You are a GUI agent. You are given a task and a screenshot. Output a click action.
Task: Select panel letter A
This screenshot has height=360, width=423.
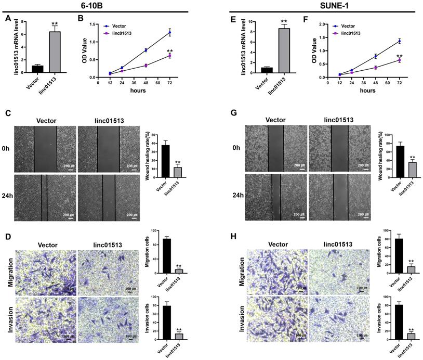(8, 19)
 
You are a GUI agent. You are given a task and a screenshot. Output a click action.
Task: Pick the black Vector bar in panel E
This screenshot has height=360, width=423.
(267, 70)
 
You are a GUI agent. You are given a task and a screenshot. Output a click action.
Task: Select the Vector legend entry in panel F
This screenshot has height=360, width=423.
(340, 25)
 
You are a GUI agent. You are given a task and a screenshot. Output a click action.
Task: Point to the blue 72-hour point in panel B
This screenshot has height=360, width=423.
(169, 33)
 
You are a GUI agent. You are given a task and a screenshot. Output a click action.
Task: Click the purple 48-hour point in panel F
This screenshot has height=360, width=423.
(376, 67)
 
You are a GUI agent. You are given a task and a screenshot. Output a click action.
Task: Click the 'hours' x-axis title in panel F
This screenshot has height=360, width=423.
(367, 91)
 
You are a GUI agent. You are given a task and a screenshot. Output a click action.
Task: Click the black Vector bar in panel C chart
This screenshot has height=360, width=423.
(165, 161)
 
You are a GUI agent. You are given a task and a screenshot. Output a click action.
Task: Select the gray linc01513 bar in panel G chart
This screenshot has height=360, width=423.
(412, 170)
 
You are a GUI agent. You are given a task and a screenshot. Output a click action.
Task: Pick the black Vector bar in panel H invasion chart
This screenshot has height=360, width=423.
(400, 322)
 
